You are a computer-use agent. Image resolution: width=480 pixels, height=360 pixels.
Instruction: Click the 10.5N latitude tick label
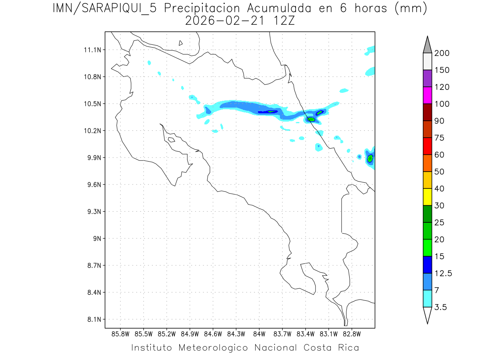pos(91,104)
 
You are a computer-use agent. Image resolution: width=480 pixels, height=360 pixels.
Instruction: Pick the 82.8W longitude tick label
pos(352,334)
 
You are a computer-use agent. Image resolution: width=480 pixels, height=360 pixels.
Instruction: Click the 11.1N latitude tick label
pos(91,50)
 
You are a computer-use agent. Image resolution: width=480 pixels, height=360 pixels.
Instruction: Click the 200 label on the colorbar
pos(442,53)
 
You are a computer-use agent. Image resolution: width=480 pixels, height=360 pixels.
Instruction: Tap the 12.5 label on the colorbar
pos(443,273)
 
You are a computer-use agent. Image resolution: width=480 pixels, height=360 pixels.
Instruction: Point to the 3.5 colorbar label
pos(440,307)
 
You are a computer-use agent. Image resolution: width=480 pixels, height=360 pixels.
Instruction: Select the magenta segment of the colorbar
pos(427,95)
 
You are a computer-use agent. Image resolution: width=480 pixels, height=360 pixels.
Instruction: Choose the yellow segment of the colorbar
pos(427,197)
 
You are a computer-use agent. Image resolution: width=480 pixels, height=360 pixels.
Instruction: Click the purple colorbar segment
pos(427,78)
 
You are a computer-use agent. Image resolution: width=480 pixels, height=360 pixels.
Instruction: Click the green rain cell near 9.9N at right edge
pos(370,158)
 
